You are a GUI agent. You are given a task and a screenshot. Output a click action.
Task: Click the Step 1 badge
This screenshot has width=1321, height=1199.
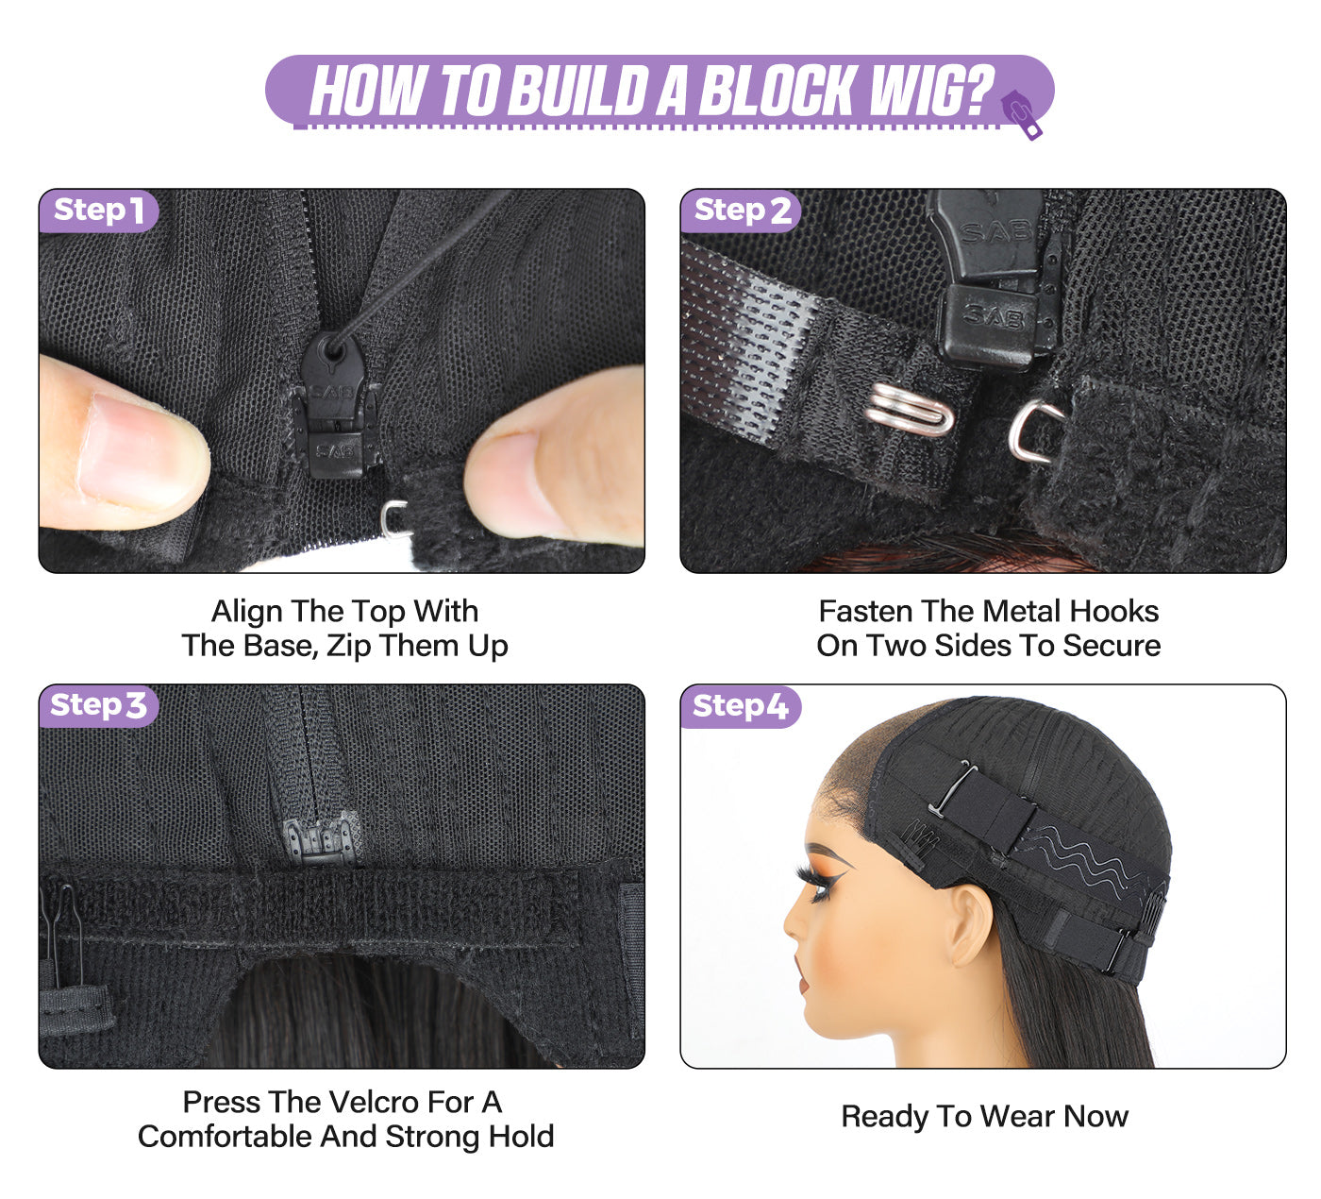coord(99,211)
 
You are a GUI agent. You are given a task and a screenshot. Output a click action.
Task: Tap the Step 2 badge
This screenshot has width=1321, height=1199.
coord(741,211)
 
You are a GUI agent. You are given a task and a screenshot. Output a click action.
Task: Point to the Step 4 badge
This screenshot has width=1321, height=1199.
coord(741,706)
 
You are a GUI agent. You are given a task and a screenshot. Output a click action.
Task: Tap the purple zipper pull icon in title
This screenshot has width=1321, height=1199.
coord(1021,114)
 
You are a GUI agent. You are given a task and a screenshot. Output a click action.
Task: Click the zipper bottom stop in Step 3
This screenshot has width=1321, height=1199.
coord(322,839)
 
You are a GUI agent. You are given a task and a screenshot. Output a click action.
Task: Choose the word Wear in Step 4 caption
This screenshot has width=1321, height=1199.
coord(1021,1116)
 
